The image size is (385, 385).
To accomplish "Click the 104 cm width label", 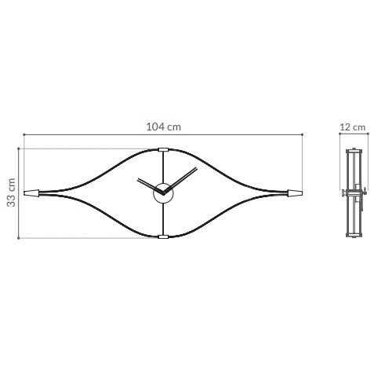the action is pos(163,127).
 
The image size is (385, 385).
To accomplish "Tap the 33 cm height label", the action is pos(12,192).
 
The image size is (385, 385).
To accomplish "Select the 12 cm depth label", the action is pos(353,127).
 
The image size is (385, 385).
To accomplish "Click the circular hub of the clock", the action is pos(163,193).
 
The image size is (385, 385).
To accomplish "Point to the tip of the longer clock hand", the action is pos(196,168).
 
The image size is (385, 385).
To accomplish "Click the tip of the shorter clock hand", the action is pos(138,179).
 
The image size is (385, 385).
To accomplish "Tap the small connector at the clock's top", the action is pos(163,150).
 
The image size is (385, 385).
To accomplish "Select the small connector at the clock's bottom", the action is pos(163,236).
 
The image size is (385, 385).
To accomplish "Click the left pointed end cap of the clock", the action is pos(31,193).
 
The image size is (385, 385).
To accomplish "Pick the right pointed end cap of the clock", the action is pos(295,193).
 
